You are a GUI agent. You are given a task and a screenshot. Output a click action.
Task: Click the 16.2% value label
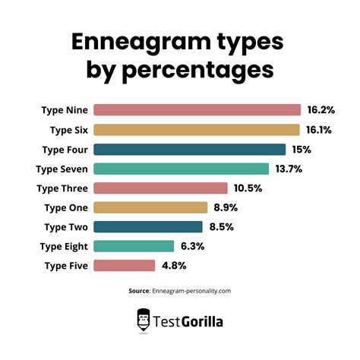[x=321, y=110]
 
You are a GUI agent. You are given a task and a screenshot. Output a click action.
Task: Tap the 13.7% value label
[x=289, y=169]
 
